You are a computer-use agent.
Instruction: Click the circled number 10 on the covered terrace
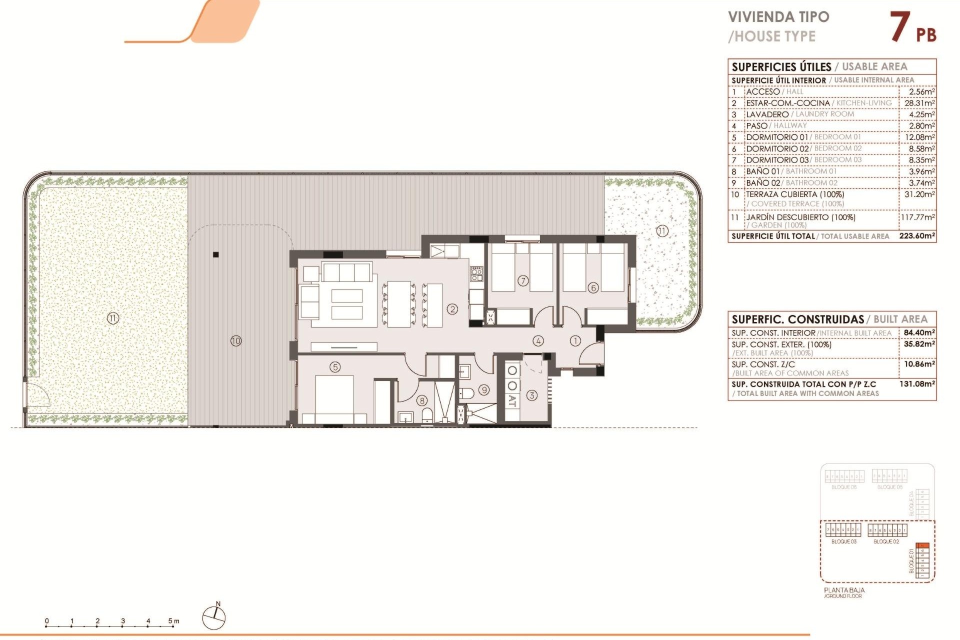coord(236,341)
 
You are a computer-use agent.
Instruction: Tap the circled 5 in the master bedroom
coord(335,367)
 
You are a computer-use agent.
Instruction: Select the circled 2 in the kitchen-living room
coord(452,309)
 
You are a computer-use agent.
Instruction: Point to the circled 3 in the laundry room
coord(531,395)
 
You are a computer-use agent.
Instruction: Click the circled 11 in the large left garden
coord(113,318)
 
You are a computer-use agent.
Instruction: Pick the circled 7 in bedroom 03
coord(522,280)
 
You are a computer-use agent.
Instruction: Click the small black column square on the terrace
coord(216,254)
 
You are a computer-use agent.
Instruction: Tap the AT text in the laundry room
coord(512,400)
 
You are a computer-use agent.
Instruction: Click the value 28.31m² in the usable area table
coord(919,103)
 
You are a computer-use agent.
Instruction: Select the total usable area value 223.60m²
coord(916,236)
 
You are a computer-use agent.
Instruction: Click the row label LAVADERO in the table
coord(767,114)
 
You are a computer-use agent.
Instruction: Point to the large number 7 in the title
coord(900,27)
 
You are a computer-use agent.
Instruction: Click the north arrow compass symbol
coord(214,617)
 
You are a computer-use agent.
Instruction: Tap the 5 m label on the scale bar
coord(173,621)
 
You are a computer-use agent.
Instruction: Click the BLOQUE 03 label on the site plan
coord(843,541)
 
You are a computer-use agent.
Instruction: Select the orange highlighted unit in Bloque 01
coord(923,545)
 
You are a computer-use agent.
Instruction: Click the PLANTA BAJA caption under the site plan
coord(844,590)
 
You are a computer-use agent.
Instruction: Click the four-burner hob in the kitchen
coord(476,274)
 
